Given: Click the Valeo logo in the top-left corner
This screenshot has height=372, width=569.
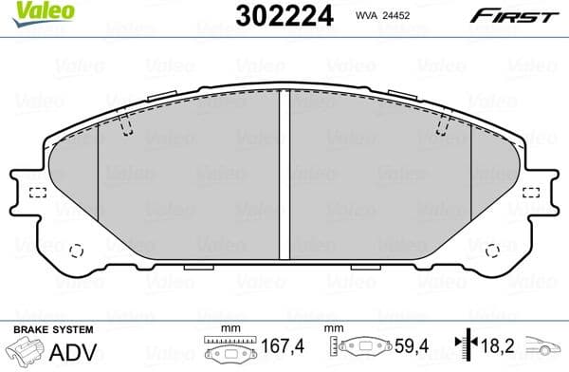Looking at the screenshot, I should point(29,11).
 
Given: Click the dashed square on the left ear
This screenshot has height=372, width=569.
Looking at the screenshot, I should point(38,194).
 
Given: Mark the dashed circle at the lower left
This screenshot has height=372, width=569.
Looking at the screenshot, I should point(78,251).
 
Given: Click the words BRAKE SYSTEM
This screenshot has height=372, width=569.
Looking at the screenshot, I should point(51,329).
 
